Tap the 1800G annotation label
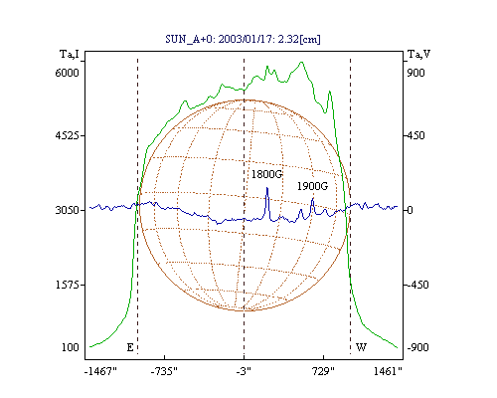(266, 174)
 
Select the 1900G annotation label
(312, 186)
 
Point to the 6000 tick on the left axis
(68, 73)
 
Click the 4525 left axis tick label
(68, 135)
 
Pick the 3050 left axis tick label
(68, 210)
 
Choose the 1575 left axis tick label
(68, 285)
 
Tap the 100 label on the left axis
(71, 347)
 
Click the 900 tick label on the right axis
(415, 73)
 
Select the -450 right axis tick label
(417, 285)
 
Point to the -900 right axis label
(417, 347)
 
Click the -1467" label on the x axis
(100, 371)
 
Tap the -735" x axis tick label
(164, 371)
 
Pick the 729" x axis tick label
(323, 371)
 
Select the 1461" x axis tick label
(388, 371)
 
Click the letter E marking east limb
(130, 347)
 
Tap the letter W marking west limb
(361, 347)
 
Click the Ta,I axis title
(70, 54)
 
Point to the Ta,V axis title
(419, 54)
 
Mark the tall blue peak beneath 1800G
(267, 188)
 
